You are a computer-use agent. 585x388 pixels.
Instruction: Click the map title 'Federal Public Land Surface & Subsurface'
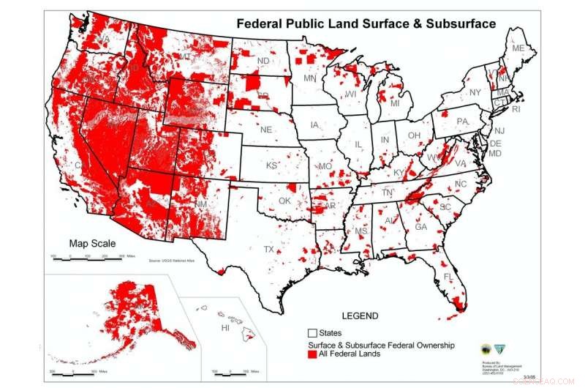click(x=366, y=23)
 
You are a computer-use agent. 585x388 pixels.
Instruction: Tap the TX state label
click(x=269, y=250)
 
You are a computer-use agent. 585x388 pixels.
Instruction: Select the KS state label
click(x=271, y=165)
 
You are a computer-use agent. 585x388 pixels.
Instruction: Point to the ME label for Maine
click(x=518, y=48)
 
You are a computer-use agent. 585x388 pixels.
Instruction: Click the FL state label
click(x=448, y=277)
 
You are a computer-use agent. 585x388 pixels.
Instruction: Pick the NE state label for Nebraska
click(x=266, y=130)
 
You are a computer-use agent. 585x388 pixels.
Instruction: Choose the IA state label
click(x=314, y=125)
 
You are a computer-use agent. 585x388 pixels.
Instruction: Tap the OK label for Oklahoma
click(x=284, y=201)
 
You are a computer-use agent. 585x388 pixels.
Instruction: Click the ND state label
click(x=263, y=61)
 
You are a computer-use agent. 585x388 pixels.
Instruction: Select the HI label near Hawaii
click(x=225, y=329)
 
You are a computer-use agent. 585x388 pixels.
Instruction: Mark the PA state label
click(x=462, y=121)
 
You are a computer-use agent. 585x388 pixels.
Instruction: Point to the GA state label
click(x=421, y=227)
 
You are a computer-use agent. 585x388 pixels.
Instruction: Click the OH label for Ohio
click(x=414, y=135)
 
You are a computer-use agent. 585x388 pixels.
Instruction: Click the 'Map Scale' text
click(x=92, y=243)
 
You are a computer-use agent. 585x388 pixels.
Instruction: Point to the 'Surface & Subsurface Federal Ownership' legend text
click(x=380, y=344)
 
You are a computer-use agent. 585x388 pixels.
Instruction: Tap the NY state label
click(x=475, y=92)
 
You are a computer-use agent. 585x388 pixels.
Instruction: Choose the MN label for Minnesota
click(x=310, y=78)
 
